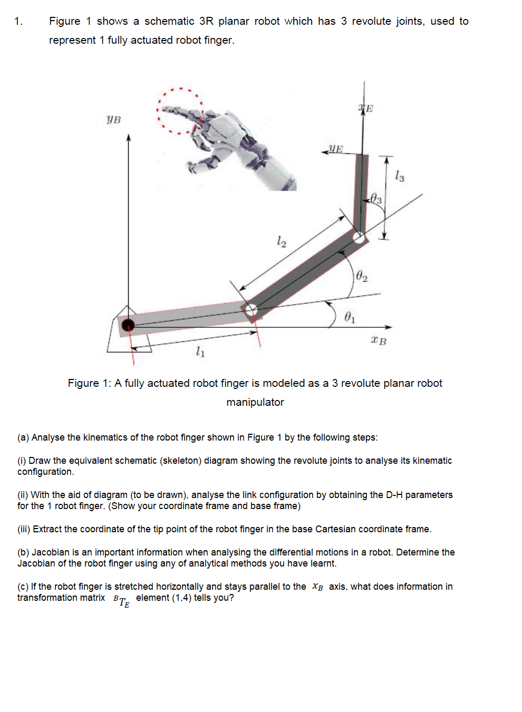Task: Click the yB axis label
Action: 113,120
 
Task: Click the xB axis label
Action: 379,341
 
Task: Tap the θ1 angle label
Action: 350,317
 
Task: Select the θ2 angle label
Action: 362,276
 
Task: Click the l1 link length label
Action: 200,351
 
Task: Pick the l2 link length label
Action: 282,241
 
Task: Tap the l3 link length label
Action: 400,176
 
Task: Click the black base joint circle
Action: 128,325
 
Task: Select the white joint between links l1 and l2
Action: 251,310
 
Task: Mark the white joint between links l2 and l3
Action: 359,237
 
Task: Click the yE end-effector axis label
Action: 335,149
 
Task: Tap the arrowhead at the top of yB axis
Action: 128,138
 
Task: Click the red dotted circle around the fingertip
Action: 179,111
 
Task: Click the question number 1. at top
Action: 18,22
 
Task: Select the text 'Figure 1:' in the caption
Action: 89,383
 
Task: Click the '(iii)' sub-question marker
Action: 24,529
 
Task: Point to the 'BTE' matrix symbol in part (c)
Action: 121,600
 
